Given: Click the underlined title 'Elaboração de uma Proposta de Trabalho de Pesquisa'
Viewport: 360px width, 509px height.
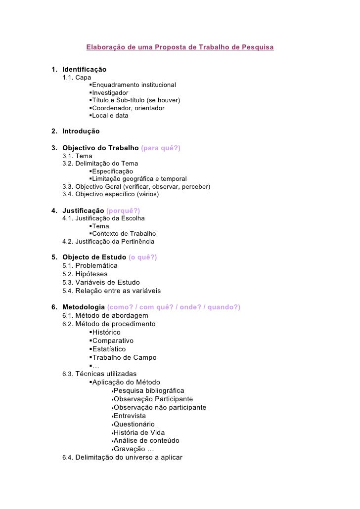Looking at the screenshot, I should [x=180, y=48].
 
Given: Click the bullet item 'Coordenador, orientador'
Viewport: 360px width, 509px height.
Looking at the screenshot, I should [x=129, y=108].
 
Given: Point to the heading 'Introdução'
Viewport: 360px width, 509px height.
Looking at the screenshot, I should [x=81, y=131].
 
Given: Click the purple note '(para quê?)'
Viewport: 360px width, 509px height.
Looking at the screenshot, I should [x=161, y=148].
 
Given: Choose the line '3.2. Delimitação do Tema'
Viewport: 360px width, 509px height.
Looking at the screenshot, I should [x=100, y=164].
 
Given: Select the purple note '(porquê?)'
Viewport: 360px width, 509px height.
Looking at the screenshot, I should [x=124, y=211].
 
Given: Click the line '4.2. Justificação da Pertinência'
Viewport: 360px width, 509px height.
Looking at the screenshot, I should [x=108, y=242].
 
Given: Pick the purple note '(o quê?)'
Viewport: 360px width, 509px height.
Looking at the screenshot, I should [x=142, y=257].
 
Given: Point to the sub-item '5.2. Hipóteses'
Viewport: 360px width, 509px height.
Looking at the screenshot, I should [x=85, y=274].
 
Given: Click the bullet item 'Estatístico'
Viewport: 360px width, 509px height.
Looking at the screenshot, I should [x=109, y=349].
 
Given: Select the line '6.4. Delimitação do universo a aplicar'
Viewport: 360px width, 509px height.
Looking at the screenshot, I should [x=123, y=458].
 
